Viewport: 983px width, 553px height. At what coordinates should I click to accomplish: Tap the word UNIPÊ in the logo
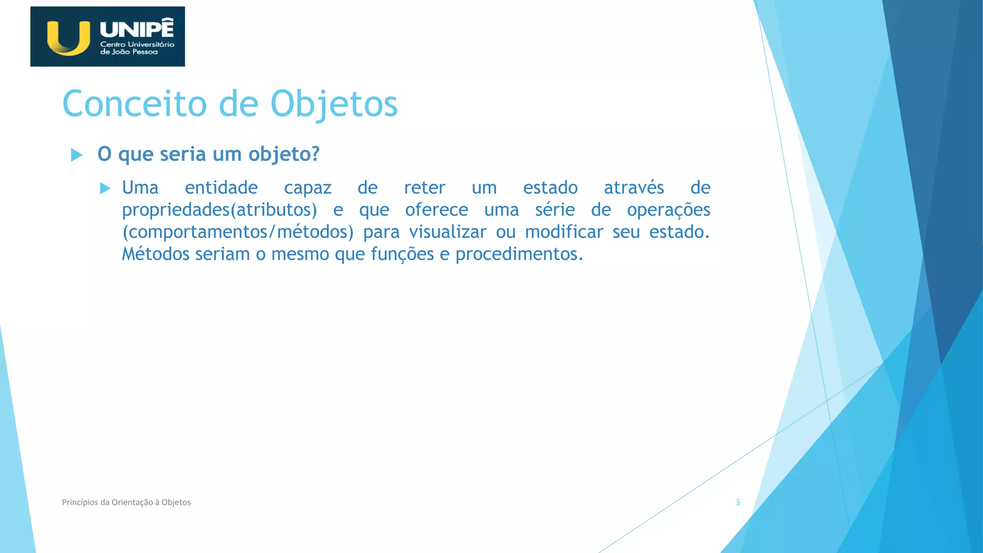(x=137, y=29)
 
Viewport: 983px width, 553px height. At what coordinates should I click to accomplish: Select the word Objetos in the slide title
(x=334, y=104)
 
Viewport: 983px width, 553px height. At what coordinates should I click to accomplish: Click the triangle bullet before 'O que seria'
(x=76, y=155)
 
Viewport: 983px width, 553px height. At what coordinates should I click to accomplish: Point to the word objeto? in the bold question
(x=284, y=155)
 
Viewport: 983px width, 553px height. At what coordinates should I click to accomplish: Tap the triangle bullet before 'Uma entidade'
(x=105, y=188)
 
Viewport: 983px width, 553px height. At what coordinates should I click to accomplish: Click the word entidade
(x=221, y=188)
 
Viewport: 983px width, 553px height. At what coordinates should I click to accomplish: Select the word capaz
(x=308, y=188)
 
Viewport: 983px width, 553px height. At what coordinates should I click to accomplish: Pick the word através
(x=634, y=188)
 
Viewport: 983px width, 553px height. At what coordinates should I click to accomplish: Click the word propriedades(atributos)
(x=219, y=210)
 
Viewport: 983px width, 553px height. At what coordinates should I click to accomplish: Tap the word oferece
(x=436, y=210)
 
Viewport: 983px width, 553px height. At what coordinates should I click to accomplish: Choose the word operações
(x=668, y=210)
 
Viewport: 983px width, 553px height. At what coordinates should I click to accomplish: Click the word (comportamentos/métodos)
(x=238, y=232)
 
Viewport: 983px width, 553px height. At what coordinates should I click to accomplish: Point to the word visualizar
(x=448, y=232)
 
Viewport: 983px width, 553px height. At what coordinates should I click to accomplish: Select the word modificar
(x=564, y=232)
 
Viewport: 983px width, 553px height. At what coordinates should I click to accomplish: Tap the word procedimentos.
(x=519, y=254)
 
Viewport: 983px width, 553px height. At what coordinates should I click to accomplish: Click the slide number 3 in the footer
(x=738, y=503)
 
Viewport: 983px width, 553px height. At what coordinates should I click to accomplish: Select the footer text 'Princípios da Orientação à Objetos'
(x=126, y=503)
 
